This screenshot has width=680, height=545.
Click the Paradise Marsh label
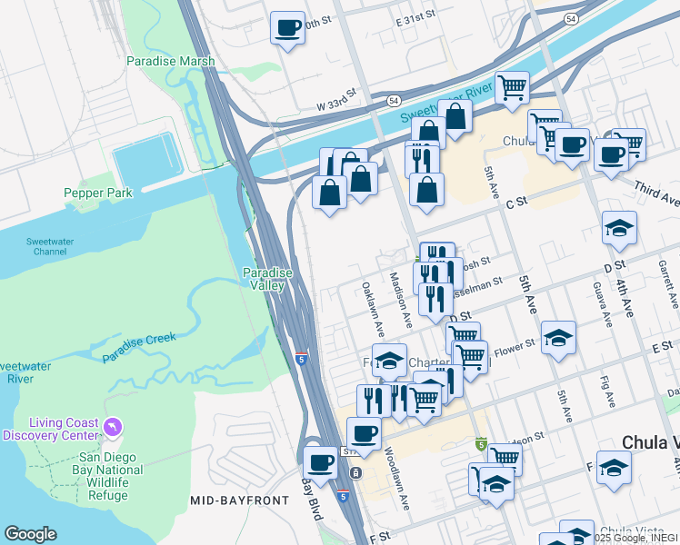[x=171, y=62]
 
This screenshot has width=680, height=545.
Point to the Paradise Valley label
[x=267, y=279]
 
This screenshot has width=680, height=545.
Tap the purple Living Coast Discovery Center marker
[x=113, y=425]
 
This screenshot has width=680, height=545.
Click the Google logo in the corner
[x=31, y=534]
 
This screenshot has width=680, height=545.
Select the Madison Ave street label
[x=401, y=300]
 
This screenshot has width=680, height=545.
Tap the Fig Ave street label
[x=606, y=392]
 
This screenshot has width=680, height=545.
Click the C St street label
[x=515, y=205]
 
